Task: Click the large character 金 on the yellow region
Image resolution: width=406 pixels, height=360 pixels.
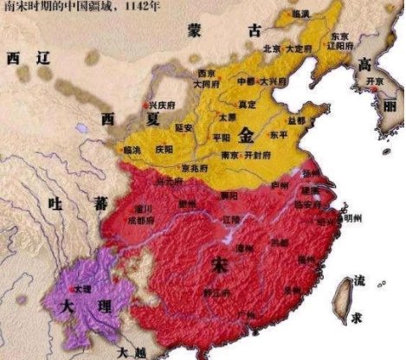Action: [248, 135]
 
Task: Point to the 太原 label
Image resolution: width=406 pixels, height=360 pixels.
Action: [227, 115]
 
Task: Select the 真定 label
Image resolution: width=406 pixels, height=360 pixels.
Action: [250, 102]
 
